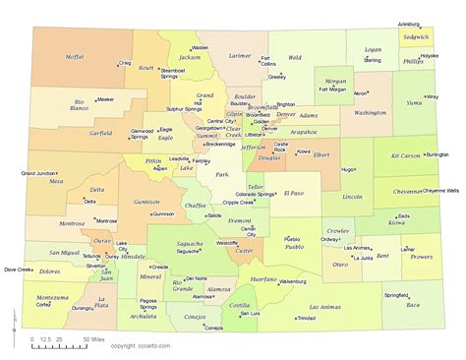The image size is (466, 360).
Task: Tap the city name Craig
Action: coord(125,63)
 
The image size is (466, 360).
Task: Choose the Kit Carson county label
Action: coord(404,156)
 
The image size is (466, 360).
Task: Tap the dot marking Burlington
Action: coord(425,154)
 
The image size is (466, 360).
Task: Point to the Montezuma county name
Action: coord(51,297)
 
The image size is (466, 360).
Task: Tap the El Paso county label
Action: coord(294,193)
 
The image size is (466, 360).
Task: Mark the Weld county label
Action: coord(295,58)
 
